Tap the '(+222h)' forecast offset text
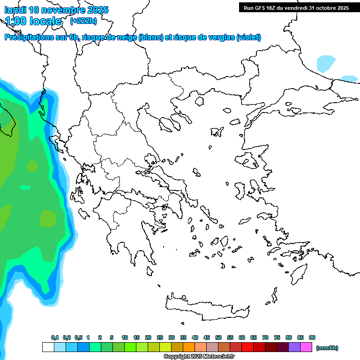[x=83, y=21]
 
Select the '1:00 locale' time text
[x=33, y=21]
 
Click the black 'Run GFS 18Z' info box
[x=295, y=7]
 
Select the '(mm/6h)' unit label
[x=327, y=348]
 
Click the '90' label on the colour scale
[x=312, y=338]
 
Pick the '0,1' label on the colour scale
[x=54, y=338]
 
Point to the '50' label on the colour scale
[x=218, y=338]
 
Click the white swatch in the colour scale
[x=48, y=347]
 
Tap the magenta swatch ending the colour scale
[x=306, y=347]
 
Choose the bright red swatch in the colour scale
[x=247, y=347]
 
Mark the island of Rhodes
[x=299, y=273]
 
